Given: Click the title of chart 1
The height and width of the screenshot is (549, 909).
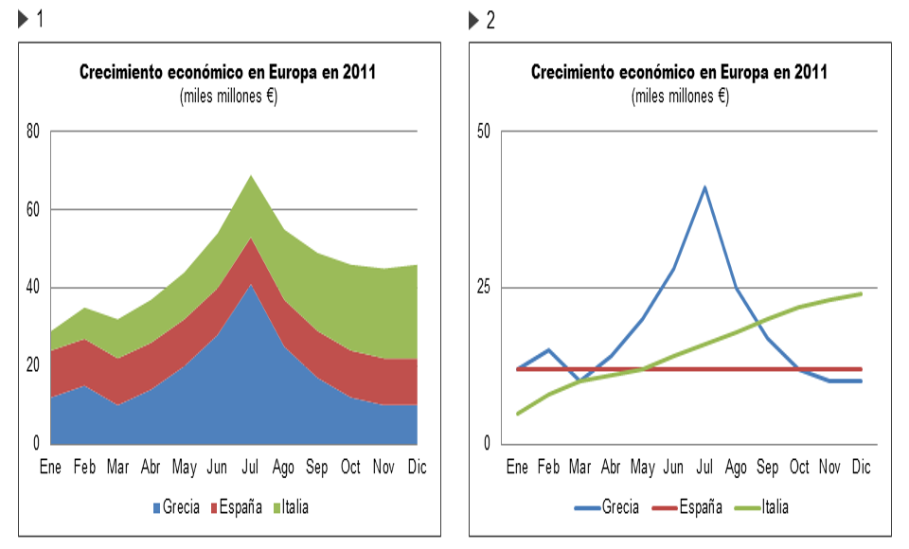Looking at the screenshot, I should point(227,73).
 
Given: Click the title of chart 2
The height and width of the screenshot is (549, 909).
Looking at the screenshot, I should point(679,73).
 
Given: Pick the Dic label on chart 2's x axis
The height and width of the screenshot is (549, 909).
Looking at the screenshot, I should point(861,468).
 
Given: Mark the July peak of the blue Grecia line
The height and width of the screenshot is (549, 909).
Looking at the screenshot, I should point(704,187).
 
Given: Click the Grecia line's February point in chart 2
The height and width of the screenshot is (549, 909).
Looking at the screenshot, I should point(548,350).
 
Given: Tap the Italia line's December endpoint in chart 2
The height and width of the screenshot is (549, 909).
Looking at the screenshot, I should point(861,293).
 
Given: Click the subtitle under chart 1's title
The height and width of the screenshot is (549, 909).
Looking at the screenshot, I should point(227,96).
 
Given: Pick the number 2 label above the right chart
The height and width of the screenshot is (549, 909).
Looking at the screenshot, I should point(490,21).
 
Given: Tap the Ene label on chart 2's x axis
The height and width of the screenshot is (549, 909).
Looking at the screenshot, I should point(517,468).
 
